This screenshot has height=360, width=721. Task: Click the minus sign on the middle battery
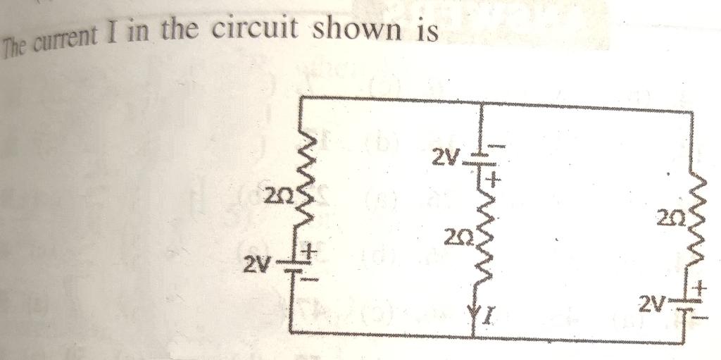point(495,147)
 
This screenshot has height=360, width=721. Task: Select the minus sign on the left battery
point(311,279)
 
